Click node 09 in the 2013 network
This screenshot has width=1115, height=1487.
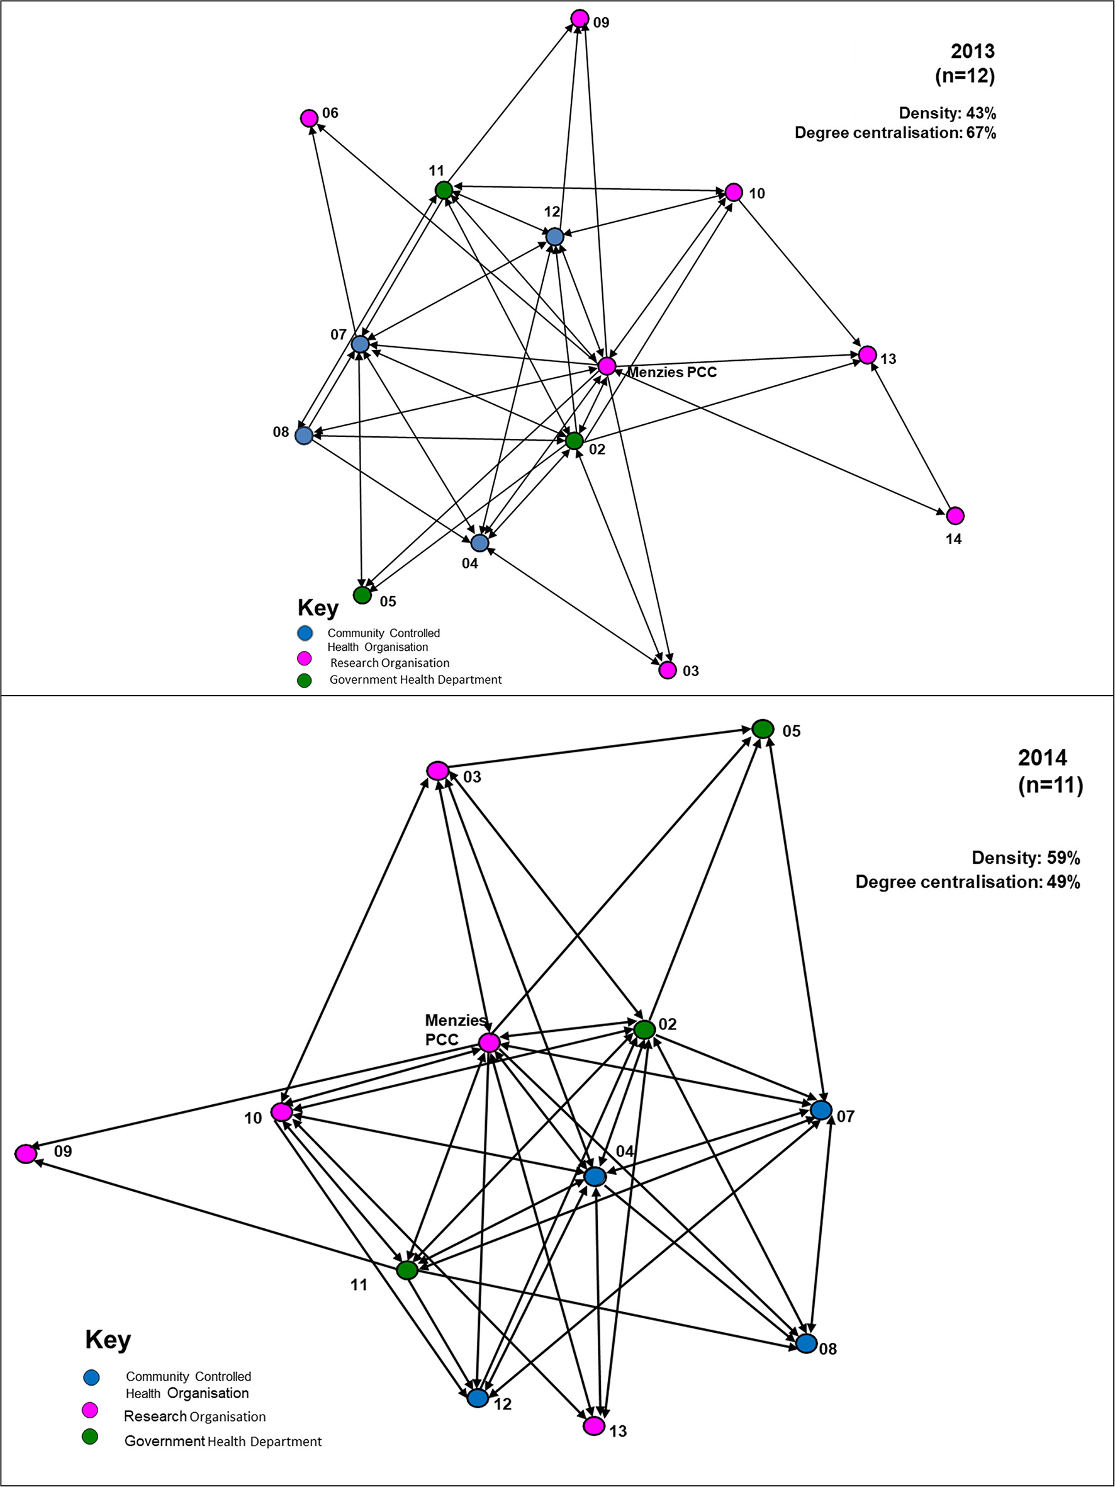click(x=580, y=18)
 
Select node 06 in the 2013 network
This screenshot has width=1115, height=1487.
click(x=308, y=118)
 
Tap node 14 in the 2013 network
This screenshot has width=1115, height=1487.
click(x=955, y=516)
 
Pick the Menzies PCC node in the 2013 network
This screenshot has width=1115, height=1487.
click(x=606, y=366)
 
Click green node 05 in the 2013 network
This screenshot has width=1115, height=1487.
click(x=362, y=595)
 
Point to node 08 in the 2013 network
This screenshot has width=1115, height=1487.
click(x=304, y=436)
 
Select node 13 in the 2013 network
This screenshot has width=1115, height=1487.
click(x=868, y=354)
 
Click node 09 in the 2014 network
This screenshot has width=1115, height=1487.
click(x=26, y=1153)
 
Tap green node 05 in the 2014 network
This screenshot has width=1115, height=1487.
click(x=763, y=729)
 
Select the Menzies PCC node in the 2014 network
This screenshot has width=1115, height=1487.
click(x=490, y=1043)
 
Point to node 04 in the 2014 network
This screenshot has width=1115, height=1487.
click(x=595, y=1177)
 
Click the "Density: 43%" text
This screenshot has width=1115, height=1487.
click(x=947, y=113)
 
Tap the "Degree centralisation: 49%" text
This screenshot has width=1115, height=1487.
click(x=967, y=882)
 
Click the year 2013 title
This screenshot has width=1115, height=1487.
click(x=973, y=51)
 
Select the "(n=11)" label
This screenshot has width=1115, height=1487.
click(x=1050, y=785)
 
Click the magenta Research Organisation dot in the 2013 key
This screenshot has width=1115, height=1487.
click(x=305, y=658)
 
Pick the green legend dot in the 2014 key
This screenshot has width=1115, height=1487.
click(x=90, y=1437)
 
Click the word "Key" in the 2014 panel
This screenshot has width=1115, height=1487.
click(x=108, y=1340)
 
